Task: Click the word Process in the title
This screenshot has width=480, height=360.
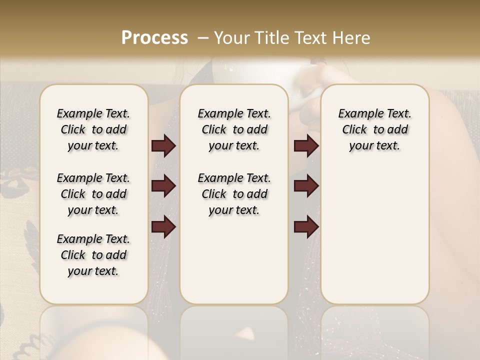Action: [154, 37]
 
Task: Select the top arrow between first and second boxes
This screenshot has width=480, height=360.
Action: [163, 146]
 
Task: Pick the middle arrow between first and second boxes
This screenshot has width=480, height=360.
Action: [163, 186]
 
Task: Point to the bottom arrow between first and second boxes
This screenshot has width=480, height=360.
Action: [163, 227]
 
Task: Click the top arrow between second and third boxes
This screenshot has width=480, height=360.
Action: [306, 146]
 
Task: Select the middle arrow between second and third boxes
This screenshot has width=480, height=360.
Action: [306, 186]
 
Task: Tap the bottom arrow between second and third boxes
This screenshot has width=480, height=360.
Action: [306, 227]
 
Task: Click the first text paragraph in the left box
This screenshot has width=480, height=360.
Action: [93, 129]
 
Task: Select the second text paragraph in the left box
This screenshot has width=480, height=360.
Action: [93, 194]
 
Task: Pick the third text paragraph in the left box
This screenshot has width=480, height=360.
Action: [93, 255]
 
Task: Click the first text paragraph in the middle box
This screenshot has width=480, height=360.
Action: [234, 129]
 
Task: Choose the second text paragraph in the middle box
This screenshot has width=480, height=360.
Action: [234, 194]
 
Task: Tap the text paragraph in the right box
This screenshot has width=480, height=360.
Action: [374, 129]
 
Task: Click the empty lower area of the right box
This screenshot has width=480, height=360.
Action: [374, 235]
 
